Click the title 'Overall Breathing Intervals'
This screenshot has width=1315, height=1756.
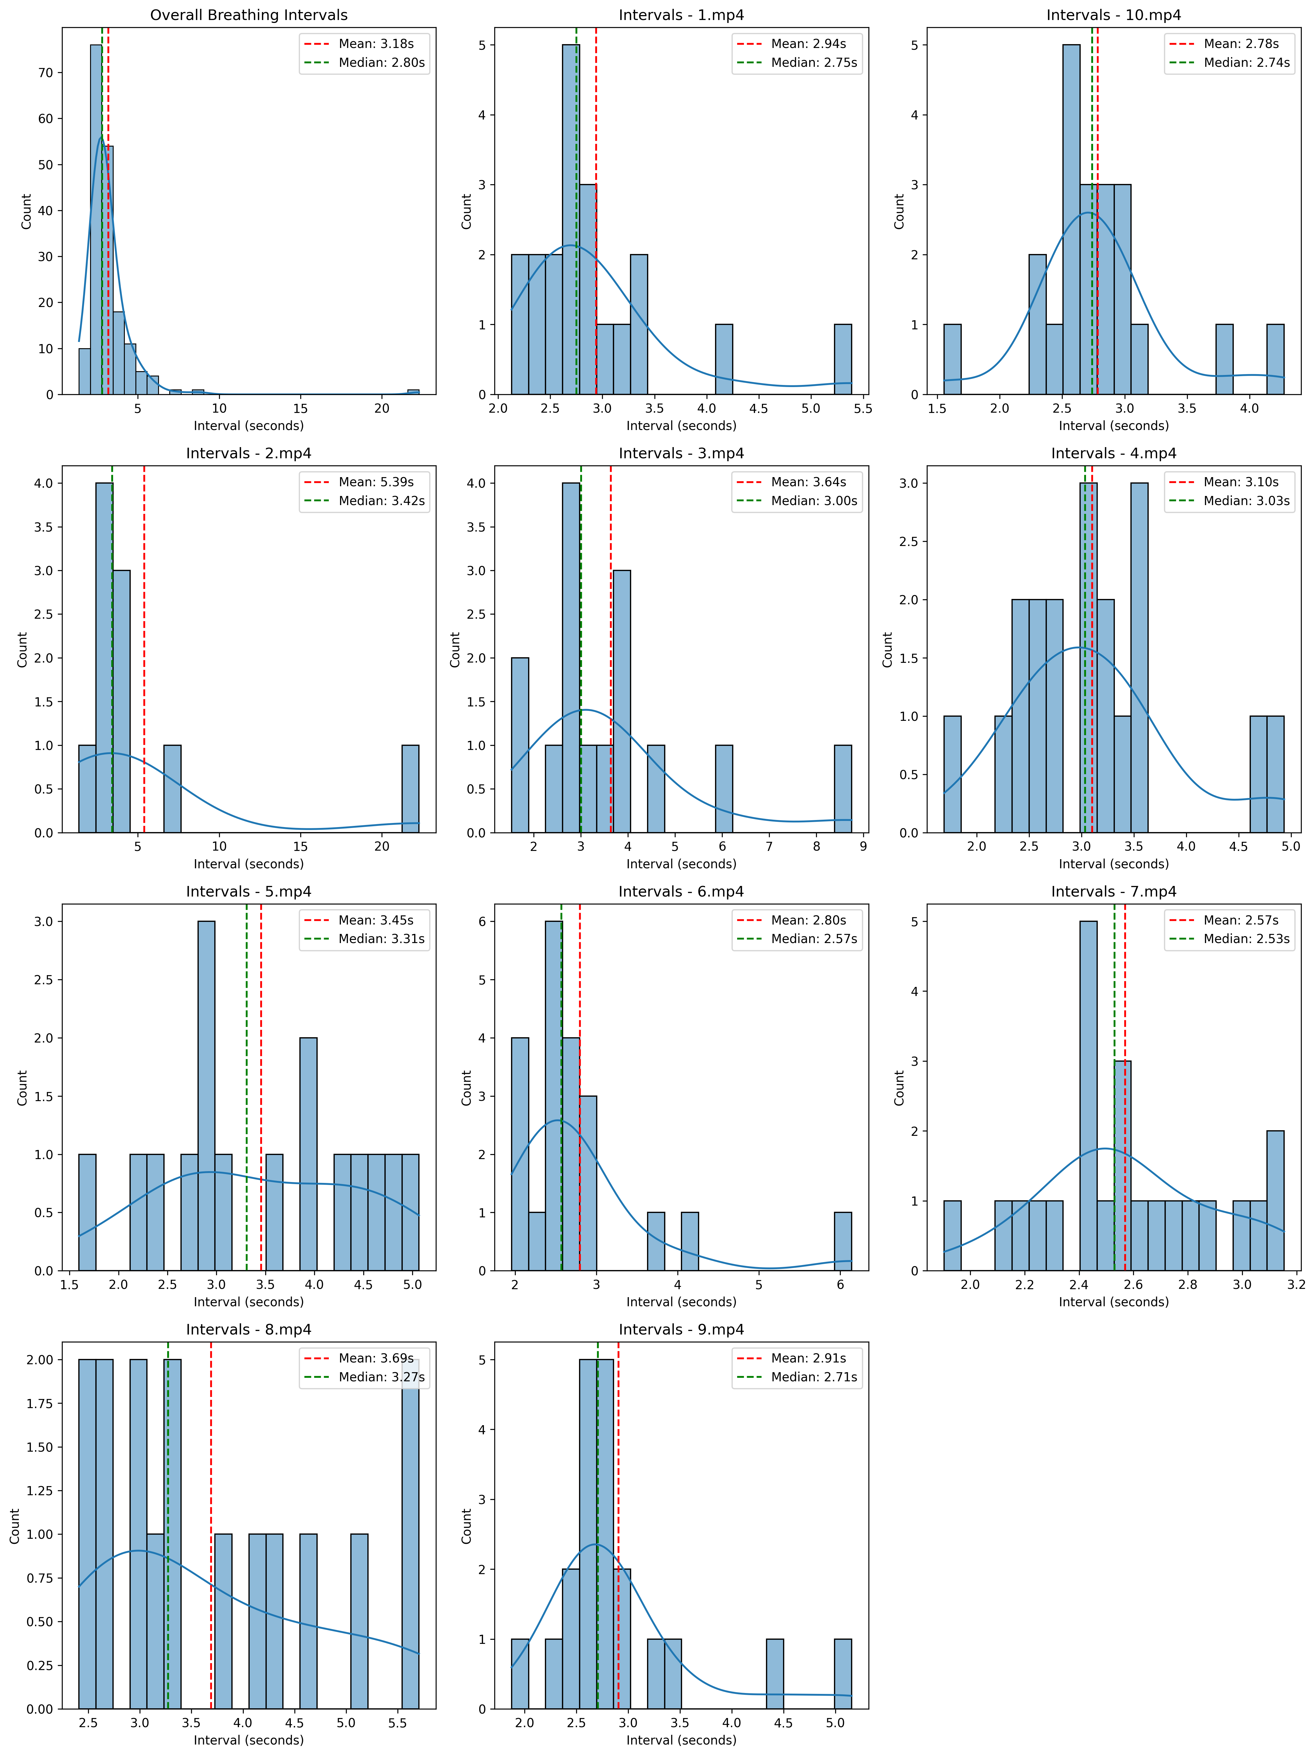click(x=248, y=15)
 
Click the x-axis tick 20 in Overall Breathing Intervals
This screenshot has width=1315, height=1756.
click(x=382, y=409)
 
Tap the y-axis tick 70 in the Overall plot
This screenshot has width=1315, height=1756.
click(x=45, y=72)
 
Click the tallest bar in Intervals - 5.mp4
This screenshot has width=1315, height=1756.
click(x=206, y=1096)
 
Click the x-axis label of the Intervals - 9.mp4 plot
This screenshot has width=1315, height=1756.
click(x=681, y=1740)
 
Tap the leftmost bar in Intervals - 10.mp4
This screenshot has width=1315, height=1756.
click(x=952, y=360)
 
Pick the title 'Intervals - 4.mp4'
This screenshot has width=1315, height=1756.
click(x=1113, y=453)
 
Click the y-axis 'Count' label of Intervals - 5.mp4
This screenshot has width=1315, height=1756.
click(x=22, y=1088)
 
